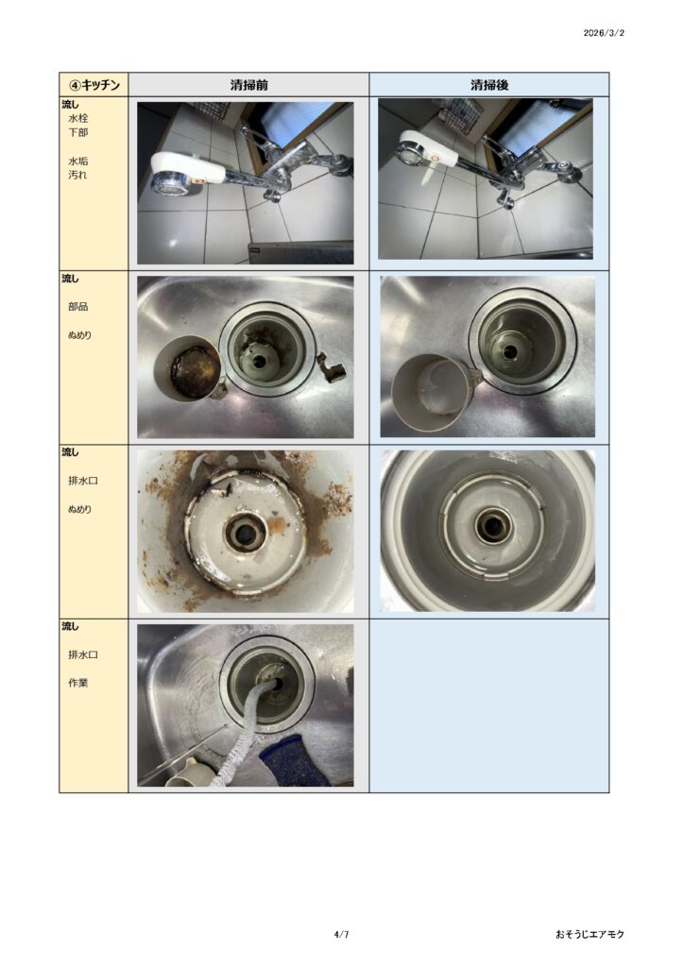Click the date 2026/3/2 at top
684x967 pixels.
(603, 33)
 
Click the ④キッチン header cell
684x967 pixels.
(94, 84)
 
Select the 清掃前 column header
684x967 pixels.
(248, 84)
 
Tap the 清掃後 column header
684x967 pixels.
(489, 84)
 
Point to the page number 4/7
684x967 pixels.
(341, 934)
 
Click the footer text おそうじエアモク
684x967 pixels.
(590, 934)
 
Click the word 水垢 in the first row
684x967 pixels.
(77, 161)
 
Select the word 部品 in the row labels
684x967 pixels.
(77, 307)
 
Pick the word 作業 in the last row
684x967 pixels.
(77, 683)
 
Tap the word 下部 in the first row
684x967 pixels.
(77, 132)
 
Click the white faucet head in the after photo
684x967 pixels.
(429, 151)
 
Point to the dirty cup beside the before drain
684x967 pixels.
(187, 368)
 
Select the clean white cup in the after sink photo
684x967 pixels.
(429, 393)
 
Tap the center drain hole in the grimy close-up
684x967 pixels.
(245, 531)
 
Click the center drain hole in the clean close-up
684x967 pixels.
(491, 525)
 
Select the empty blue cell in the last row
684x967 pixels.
(489, 705)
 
